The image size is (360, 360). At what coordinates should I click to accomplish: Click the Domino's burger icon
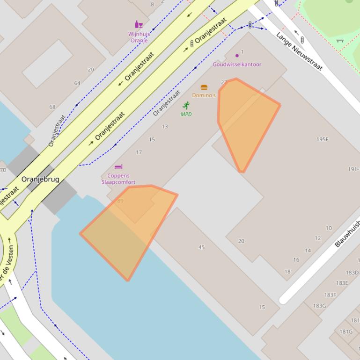coord(204,87)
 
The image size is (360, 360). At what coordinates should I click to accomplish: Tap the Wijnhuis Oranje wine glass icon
coord(139,24)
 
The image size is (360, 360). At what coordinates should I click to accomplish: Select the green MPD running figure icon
coord(186,106)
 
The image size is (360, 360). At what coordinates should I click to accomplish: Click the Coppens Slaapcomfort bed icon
coord(118,167)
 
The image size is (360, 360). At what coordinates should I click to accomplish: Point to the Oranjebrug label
coord(40,179)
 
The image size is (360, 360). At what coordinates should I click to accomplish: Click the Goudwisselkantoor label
coord(237,65)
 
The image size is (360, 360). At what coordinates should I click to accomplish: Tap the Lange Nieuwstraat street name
coord(299,51)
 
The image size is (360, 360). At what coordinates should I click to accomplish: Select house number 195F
coord(323,139)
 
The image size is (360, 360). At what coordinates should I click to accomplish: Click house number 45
coord(201,247)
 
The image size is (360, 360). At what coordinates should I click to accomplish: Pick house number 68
coord(52,107)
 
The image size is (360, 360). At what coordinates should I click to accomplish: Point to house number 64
coord(77,83)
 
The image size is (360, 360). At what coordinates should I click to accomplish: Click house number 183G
coord(319,306)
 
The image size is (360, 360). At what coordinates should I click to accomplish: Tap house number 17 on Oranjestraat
coord(139,152)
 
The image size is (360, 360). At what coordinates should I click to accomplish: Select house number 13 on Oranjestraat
coord(165,127)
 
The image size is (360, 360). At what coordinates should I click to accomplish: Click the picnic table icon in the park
coord(340,41)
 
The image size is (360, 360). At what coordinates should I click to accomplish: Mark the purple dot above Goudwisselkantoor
coord(237,56)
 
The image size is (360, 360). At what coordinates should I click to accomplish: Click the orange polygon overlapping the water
coord(126,229)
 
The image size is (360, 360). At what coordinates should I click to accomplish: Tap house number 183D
coord(352,273)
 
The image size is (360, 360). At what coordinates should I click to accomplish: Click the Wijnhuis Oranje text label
coord(138,37)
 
